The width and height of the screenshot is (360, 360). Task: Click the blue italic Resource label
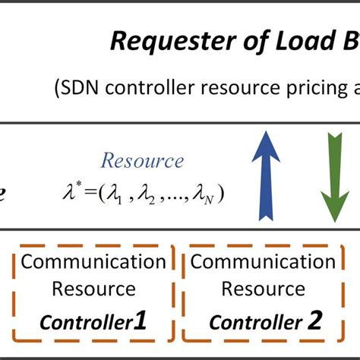tap(143, 161)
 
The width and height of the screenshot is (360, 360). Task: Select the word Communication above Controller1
tap(93, 263)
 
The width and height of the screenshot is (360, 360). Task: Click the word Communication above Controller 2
tap(263, 263)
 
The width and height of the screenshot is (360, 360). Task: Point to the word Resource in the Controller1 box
tap(93, 290)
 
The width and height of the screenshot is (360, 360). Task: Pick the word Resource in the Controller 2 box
tap(263, 290)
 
